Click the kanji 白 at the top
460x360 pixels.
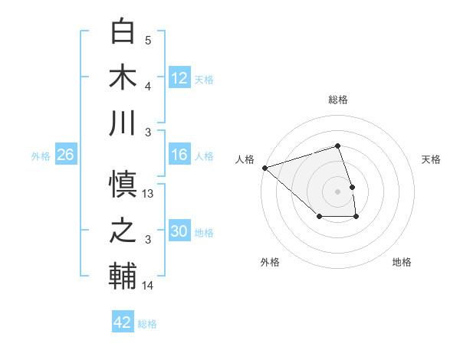[x=124, y=31]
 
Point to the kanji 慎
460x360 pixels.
[x=124, y=185]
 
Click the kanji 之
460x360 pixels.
[x=124, y=231]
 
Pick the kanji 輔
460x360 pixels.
[x=124, y=277]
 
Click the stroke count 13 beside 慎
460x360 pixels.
[x=149, y=194]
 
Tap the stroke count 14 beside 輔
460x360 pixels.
[x=149, y=286]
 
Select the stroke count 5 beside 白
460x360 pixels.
[x=148, y=40]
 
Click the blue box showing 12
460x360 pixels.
[x=179, y=77]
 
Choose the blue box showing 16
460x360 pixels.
[x=179, y=155]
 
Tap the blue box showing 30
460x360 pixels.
[x=179, y=231]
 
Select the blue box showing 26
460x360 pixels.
[x=66, y=155]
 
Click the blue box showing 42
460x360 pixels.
[x=123, y=322]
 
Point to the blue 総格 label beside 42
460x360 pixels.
[x=147, y=324]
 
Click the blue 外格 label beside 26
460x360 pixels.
[x=41, y=156]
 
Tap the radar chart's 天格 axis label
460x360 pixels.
[x=431, y=159]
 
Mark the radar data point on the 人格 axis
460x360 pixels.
[x=264, y=167]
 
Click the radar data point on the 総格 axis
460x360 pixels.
[x=337, y=146]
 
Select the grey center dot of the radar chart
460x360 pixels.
[x=337, y=191]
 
